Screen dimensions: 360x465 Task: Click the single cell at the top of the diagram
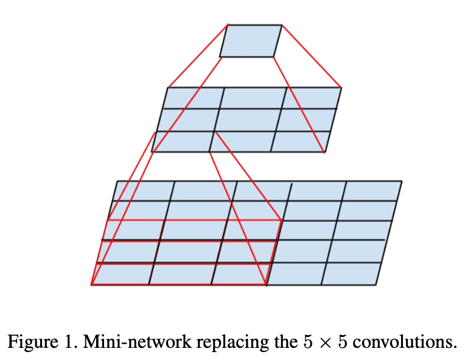click(x=250, y=41)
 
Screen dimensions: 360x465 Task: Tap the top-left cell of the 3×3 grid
click(x=194, y=98)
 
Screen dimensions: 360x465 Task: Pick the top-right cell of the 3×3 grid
click(x=312, y=98)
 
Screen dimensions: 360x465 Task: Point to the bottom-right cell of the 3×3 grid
click(x=299, y=141)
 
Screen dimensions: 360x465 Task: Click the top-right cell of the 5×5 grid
click(x=371, y=190)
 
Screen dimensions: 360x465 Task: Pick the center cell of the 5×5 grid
click(x=251, y=230)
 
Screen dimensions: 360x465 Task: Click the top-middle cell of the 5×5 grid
click(x=261, y=190)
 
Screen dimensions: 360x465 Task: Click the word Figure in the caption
click(x=29, y=342)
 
